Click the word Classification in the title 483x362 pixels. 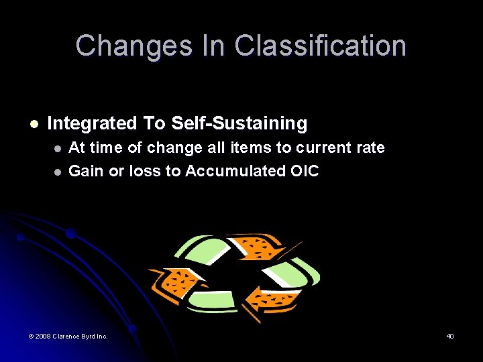(x=320, y=46)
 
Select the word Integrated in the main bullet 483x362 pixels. (x=92, y=123)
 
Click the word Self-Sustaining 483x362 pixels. (x=239, y=123)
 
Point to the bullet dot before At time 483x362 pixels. (x=58, y=147)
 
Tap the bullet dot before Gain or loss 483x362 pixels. (x=58, y=172)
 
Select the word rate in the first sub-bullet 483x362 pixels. (x=371, y=147)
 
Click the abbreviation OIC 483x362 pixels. (x=305, y=171)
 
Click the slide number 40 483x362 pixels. (x=450, y=336)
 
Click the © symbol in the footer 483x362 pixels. (x=31, y=336)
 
